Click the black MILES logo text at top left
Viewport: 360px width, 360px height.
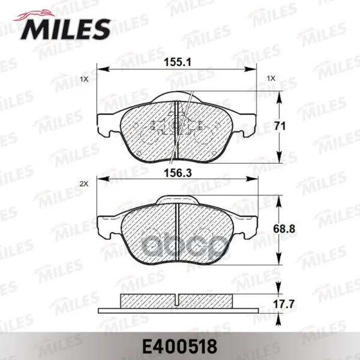pos(65,29)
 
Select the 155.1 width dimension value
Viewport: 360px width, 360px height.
pos(178,62)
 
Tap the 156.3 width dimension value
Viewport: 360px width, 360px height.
pos(178,173)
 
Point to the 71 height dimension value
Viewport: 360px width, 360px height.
pos(280,126)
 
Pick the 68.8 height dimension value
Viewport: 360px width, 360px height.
pos(284,229)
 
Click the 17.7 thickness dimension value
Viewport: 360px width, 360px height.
pos(284,304)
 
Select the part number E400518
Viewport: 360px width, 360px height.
pos(180,346)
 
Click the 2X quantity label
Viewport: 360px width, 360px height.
pos(84,184)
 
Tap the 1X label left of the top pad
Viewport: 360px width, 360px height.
pos(84,79)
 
